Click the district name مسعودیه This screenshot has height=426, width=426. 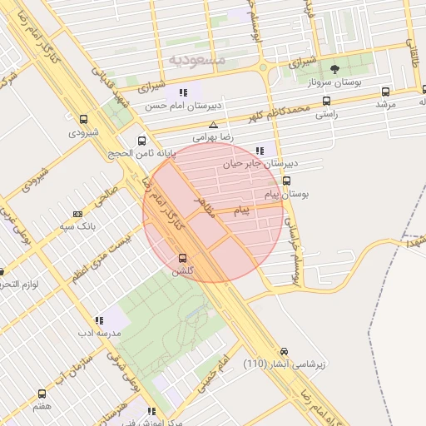196,59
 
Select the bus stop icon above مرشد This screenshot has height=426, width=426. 385,92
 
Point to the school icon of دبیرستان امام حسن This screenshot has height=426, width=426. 183,92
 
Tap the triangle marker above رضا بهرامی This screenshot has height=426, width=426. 213,125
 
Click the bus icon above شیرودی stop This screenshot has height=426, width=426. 83,119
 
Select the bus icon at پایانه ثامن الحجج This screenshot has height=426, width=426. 142,141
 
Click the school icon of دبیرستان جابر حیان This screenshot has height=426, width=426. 260,151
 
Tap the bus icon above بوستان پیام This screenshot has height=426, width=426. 287,181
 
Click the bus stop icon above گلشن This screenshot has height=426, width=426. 182,258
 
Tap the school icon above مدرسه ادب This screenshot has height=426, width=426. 99,319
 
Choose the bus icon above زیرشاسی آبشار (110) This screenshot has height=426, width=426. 285,351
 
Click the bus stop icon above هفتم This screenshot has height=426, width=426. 42,394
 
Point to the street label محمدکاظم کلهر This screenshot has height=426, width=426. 283,110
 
